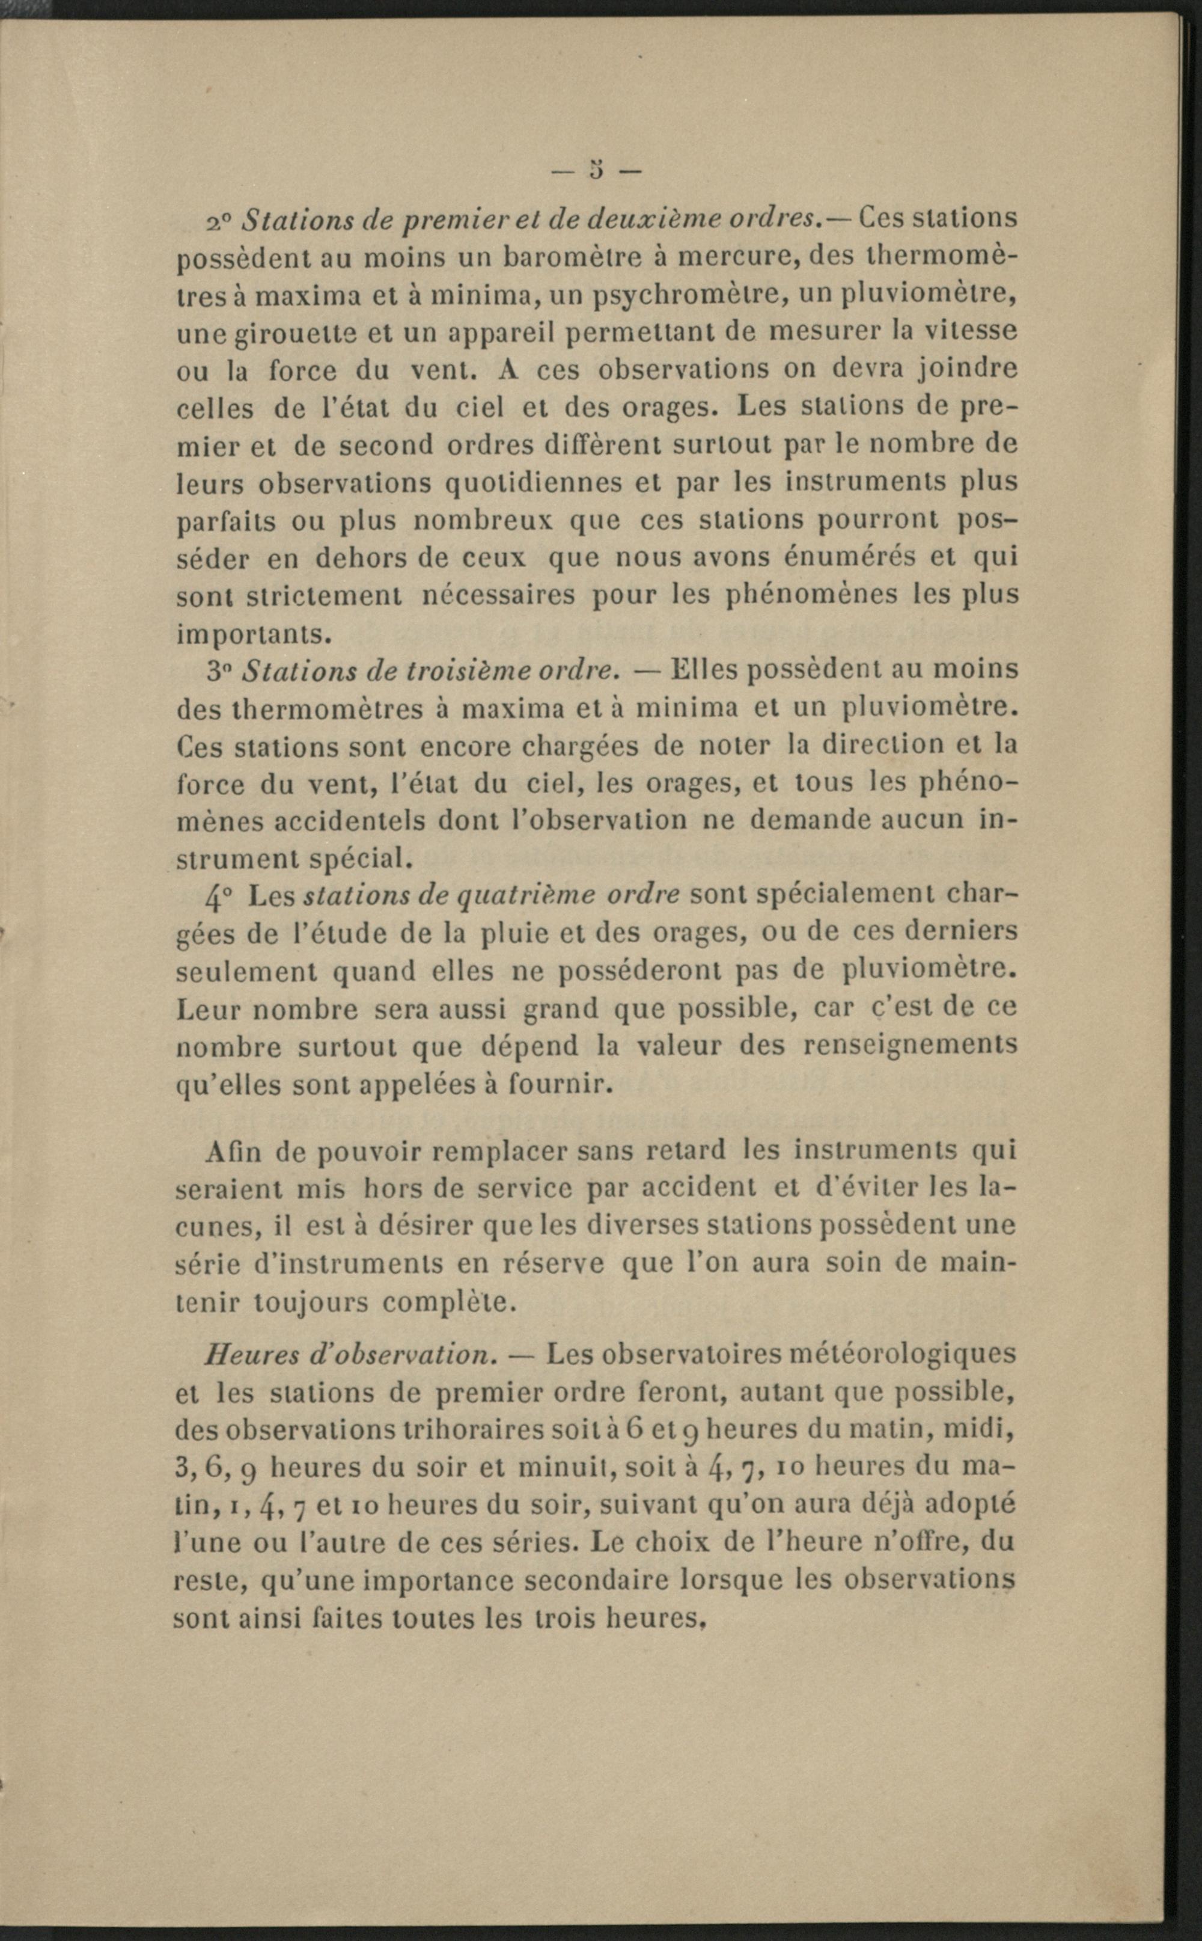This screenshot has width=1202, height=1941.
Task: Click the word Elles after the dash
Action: pyautogui.click(x=706, y=669)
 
